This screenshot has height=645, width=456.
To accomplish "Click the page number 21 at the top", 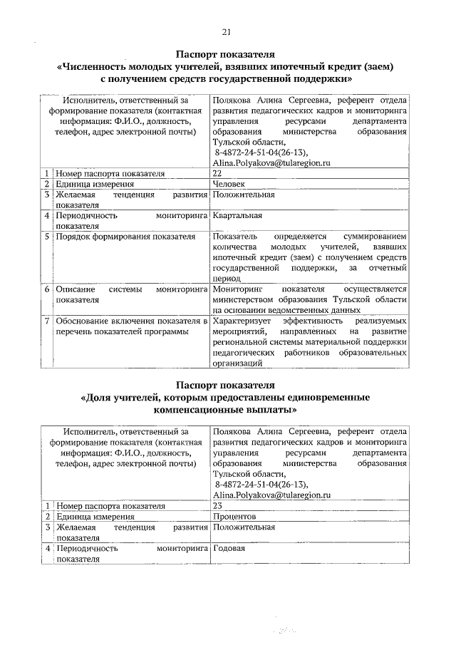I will pos(227,32).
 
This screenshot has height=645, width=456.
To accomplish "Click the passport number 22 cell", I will pos(217,173).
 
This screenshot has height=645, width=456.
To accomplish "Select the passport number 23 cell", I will pos(217,505).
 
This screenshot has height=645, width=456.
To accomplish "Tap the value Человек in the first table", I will pos(229,184).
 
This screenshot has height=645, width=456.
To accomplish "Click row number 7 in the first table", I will pos(46,322).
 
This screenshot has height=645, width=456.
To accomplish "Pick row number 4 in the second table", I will pos(46,549).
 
